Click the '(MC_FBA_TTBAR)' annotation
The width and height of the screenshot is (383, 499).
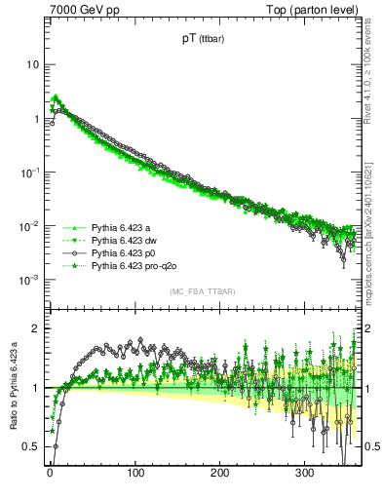pos(203,291)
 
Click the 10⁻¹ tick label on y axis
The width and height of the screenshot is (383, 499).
pos(29,172)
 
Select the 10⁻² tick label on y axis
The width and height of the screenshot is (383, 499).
pos(29,226)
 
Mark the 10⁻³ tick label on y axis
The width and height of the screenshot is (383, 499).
pos(29,280)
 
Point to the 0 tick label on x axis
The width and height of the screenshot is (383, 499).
pos(50,475)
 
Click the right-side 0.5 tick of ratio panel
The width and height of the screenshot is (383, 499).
pos(369,446)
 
